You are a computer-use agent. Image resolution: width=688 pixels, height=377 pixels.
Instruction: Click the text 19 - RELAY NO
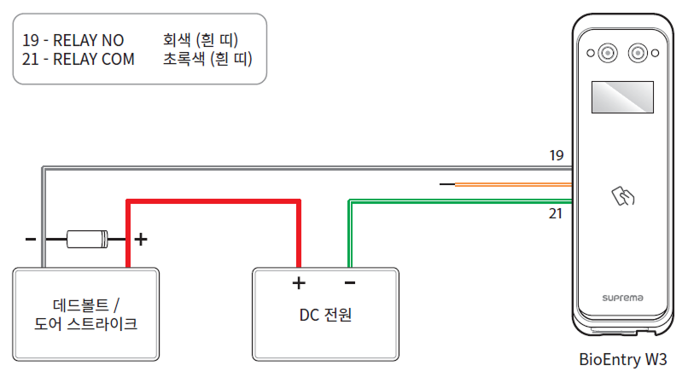(73, 41)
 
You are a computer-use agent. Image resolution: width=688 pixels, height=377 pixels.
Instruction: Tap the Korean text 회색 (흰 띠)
(200, 41)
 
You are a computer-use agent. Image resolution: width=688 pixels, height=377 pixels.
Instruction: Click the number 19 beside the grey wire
(557, 155)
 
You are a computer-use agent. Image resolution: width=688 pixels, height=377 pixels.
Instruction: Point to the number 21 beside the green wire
(556, 212)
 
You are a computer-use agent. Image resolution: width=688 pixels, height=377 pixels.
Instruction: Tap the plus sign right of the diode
(141, 240)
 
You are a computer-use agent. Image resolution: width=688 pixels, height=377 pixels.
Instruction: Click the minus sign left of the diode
(31, 240)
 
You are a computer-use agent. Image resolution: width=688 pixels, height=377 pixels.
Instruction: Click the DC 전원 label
(325, 315)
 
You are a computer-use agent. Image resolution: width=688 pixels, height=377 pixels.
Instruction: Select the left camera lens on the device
(607, 54)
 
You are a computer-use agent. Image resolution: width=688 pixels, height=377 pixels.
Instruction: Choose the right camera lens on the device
(638, 54)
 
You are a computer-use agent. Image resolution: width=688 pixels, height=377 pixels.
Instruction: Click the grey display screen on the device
(622, 99)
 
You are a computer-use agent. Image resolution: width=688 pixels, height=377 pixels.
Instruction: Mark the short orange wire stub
(512, 184)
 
